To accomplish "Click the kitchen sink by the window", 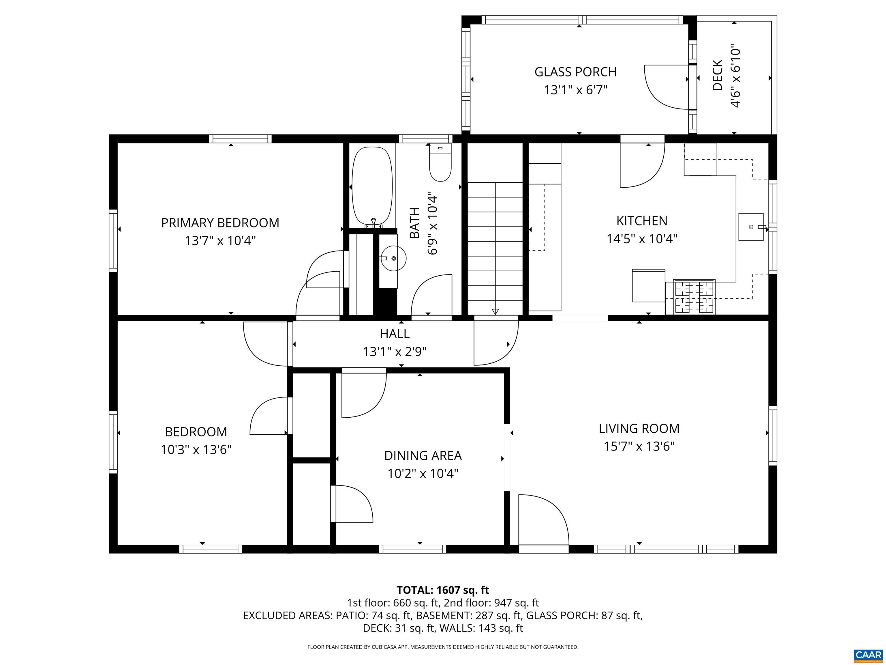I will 751,227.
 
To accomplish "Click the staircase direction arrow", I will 495,311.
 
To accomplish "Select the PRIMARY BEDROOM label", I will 220,223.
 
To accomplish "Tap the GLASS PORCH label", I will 575,72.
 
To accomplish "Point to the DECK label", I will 717,75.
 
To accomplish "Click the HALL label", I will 395,333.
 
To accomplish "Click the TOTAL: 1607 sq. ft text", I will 443,590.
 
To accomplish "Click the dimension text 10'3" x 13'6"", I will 196,449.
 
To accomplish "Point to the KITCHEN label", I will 642,221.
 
